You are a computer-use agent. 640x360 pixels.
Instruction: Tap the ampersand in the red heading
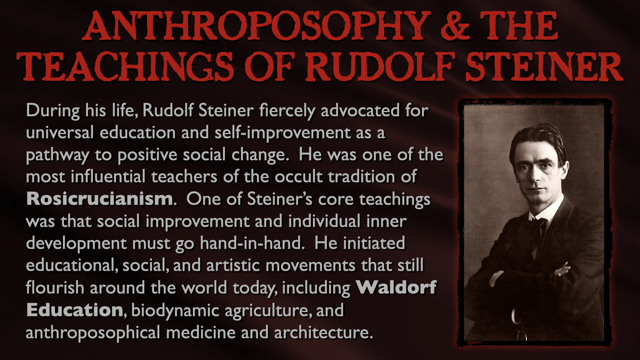coord(455,26)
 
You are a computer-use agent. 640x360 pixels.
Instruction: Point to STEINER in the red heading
coord(544,66)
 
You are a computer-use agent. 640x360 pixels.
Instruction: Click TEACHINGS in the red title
coord(125,66)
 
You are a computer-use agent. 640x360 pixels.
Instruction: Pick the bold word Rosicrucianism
coord(99,199)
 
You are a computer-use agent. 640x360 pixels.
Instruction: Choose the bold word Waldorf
coord(396,287)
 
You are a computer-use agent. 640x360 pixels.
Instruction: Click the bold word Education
coord(75,310)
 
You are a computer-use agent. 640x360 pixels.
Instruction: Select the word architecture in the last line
coord(322,332)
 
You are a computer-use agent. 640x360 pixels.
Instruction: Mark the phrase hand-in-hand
coord(251,243)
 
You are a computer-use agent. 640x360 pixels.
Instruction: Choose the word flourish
coord(55,287)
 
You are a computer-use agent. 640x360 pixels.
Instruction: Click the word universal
coord(60,133)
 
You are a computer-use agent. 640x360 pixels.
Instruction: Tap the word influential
coord(108,177)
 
